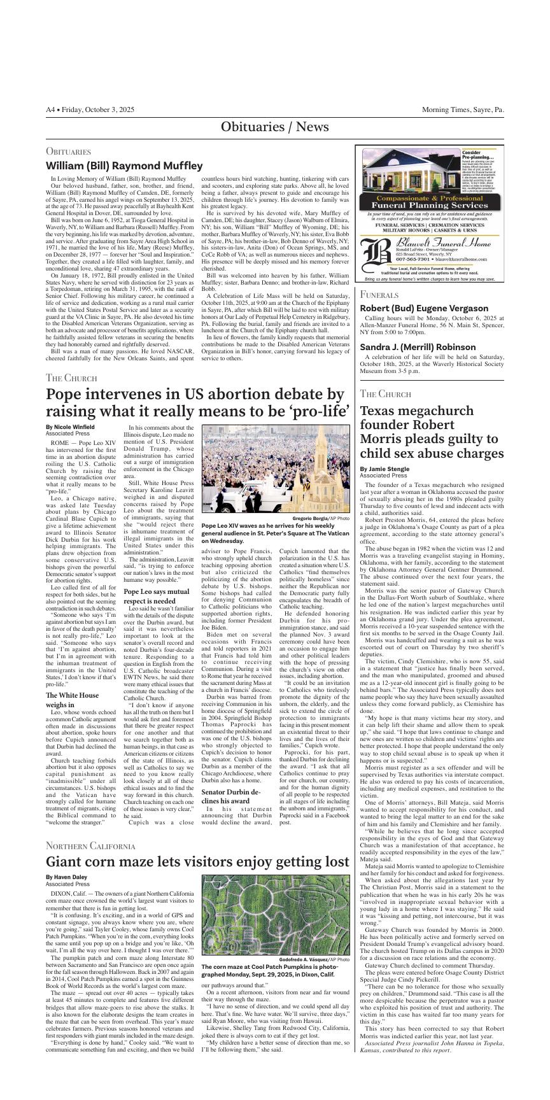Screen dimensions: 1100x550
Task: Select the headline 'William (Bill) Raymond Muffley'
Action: coord(123,166)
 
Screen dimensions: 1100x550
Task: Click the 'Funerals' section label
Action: coord(379,295)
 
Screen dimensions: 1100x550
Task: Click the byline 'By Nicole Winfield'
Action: coord(70,427)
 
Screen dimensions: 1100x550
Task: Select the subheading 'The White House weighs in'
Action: coord(73,700)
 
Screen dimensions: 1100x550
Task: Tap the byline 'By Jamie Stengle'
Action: coord(383,469)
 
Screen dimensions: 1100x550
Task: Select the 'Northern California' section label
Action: coord(90,846)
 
